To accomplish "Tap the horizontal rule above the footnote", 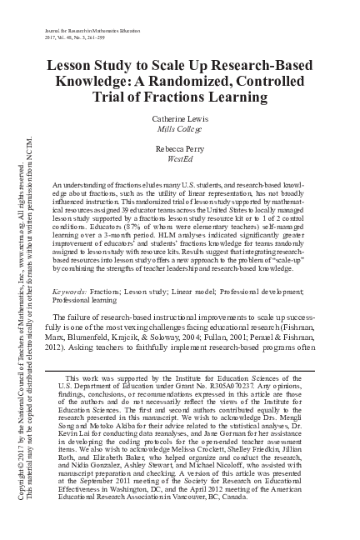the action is [101, 369].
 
